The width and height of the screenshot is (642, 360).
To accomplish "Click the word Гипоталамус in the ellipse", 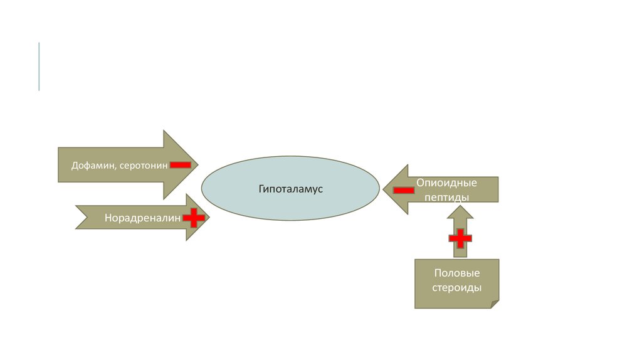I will (290, 188).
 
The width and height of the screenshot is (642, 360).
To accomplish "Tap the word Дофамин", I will (90, 166).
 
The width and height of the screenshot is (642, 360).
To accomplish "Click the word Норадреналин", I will (142, 218).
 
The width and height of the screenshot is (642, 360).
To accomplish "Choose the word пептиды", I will (446, 197).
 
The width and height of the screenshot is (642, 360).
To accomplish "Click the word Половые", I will (457, 273).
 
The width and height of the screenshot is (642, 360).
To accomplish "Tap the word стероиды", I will (457, 288).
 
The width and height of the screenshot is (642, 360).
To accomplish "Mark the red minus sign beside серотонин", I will (180, 164).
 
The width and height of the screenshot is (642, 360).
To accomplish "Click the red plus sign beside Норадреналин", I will (194, 218).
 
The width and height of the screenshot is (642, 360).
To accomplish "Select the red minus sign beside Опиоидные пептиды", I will (403, 189).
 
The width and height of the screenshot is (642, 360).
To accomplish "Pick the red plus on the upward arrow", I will (460, 238).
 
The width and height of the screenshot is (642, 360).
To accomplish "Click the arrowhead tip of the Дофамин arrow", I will (197, 165).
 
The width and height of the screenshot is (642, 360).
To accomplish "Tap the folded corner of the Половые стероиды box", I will (495, 304).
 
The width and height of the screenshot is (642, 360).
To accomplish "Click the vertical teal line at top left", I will (39, 66).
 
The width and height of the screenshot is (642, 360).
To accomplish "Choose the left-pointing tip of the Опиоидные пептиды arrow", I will (384, 189).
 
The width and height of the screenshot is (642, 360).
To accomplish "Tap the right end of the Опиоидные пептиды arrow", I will (497, 189).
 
